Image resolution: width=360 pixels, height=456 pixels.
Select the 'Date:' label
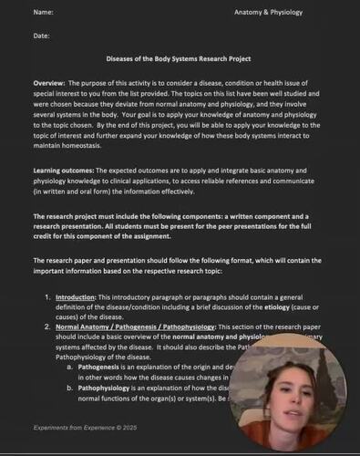[41, 36]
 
